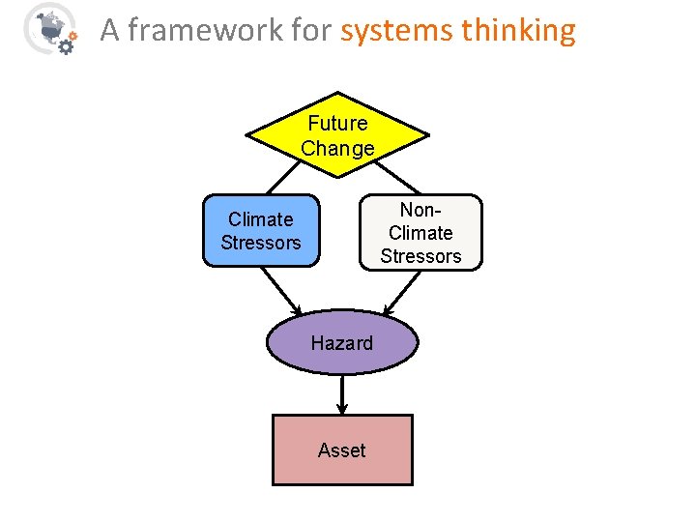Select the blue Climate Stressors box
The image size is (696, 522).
pyautogui.click(x=260, y=231)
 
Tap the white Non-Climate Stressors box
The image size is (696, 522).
pyautogui.click(x=420, y=232)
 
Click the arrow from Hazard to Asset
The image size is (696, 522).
pyautogui.click(x=342, y=394)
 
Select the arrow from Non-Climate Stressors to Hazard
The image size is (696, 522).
pyautogui.click(x=403, y=292)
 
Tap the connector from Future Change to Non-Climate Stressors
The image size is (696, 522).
pyautogui.click(x=398, y=177)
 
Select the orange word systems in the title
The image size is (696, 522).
pyautogui.click(x=395, y=31)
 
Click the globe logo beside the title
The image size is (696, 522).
pyautogui.click(x=48, y=28)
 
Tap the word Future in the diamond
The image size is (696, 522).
pyautogui.click(x=337, y=124)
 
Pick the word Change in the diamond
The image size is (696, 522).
pyautogui.click(x=337, y=149)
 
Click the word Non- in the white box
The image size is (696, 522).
pyautogui.click(x=420, y=209)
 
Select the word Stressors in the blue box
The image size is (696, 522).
pyautogui.click(x=260, y=243)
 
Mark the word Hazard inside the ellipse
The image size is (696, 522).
pyautogui.click(x=341, y=343)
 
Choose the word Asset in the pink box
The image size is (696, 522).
pyautogui.click(x=342, y=450)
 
